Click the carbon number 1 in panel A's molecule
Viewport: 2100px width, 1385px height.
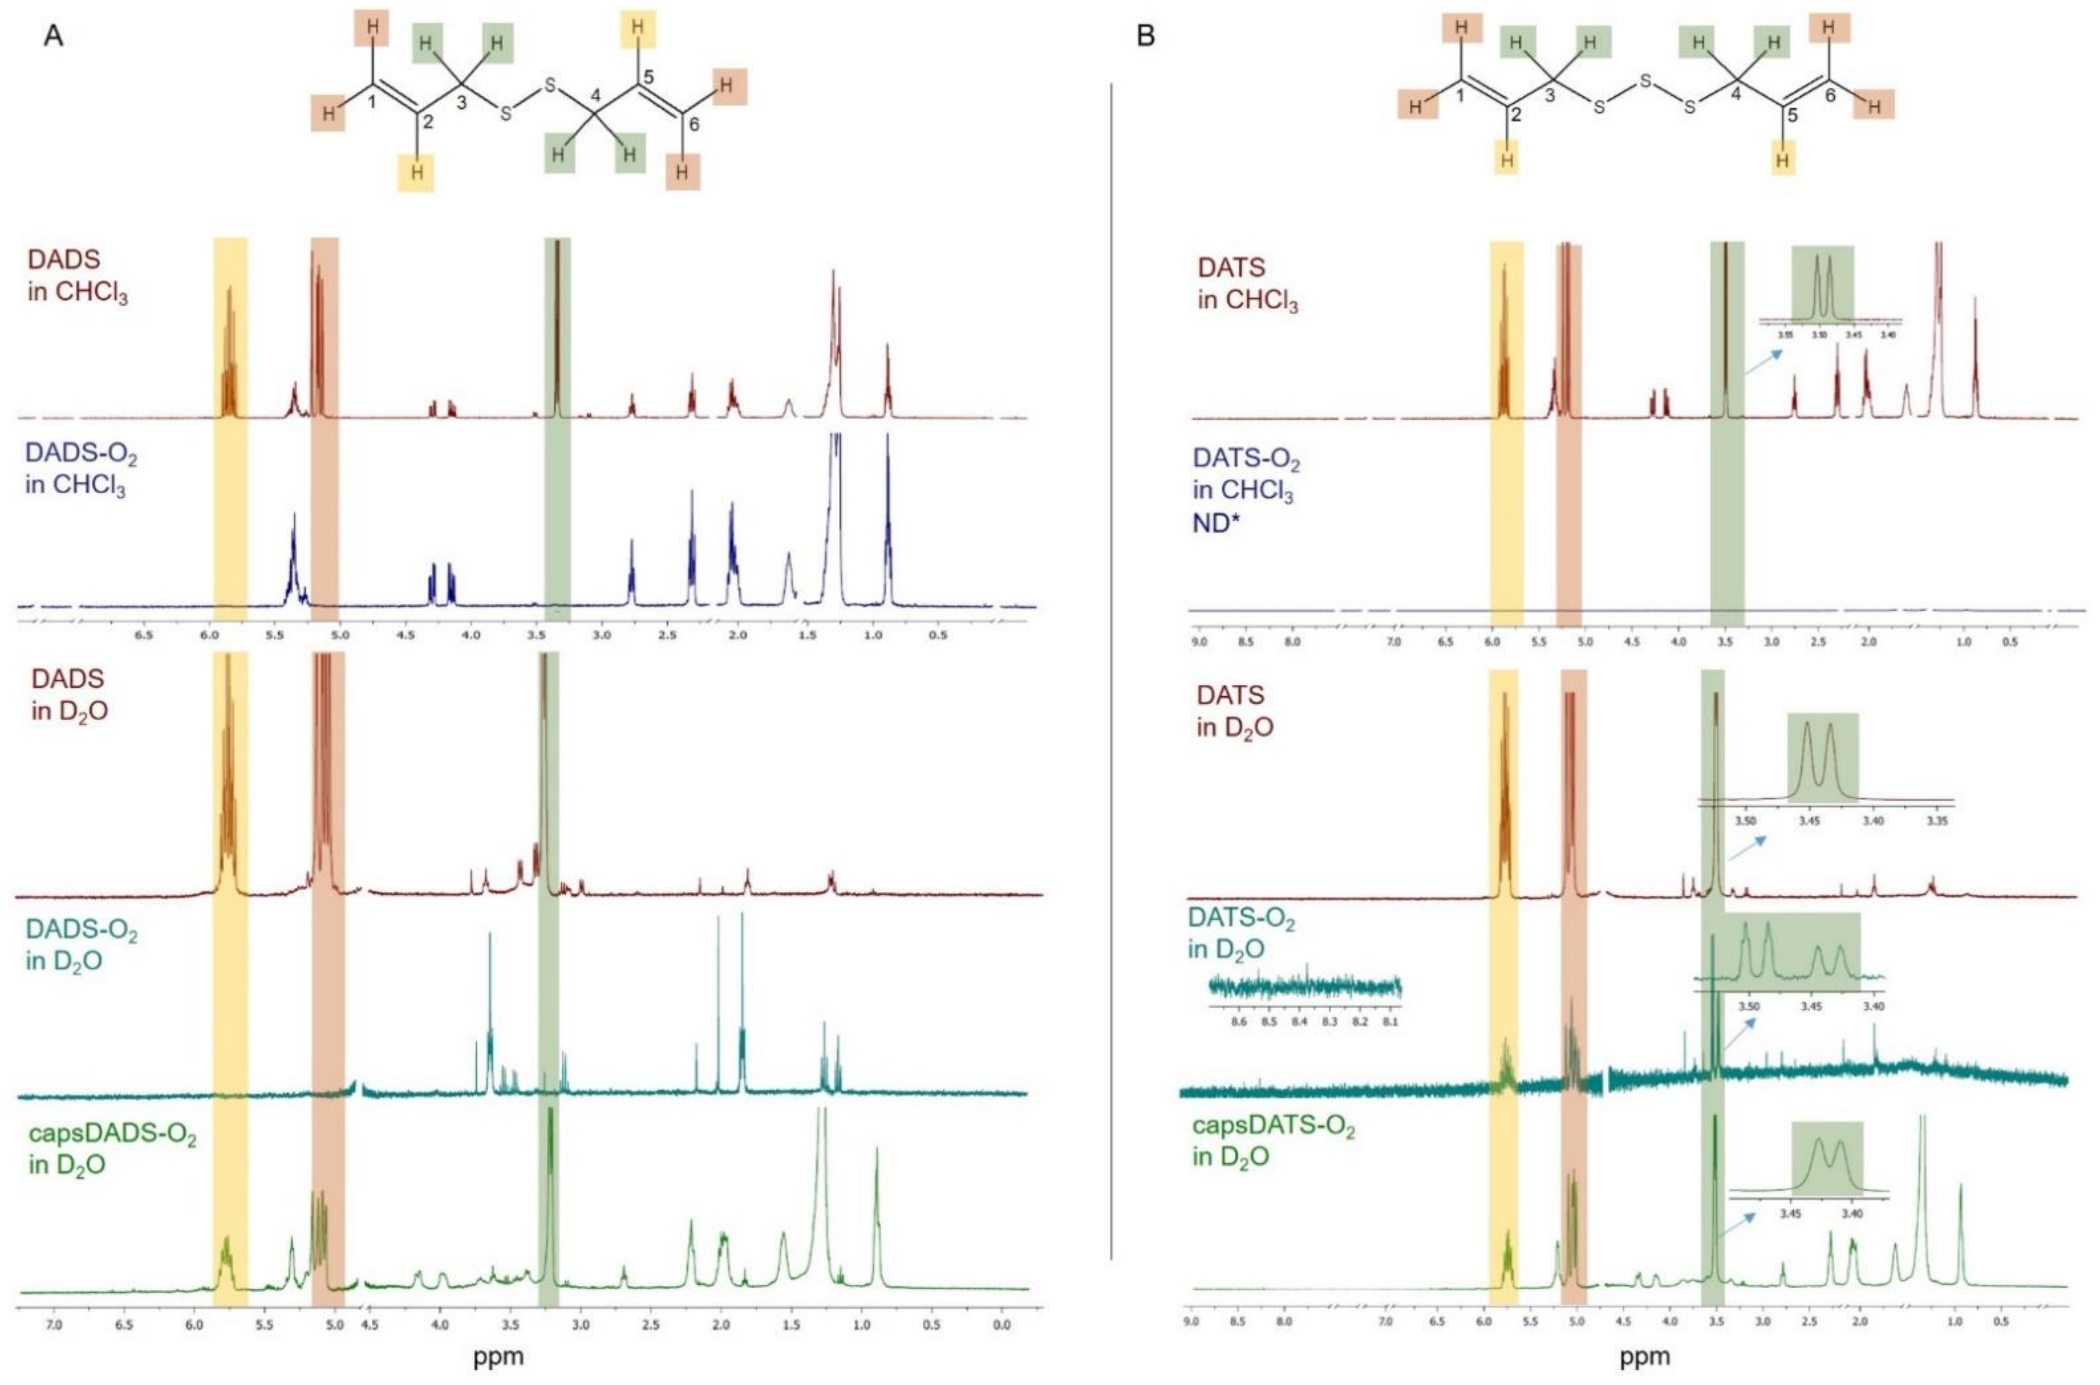(372, 103)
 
